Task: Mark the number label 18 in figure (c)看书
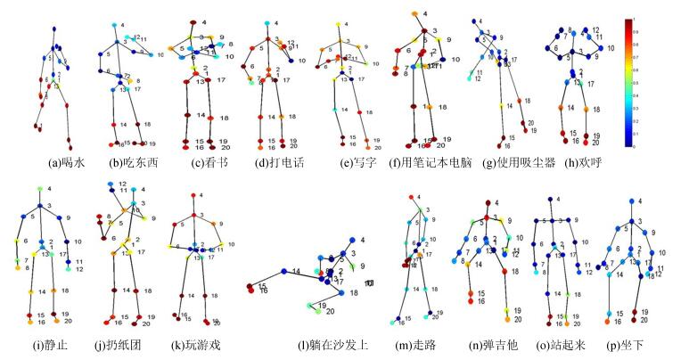click(224, 118)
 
